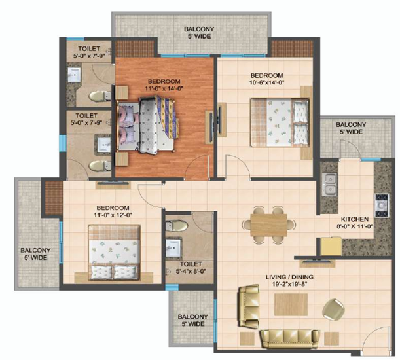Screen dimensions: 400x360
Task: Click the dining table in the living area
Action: click(x=269, y=225)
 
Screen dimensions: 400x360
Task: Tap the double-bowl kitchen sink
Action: click(x=329, y=184)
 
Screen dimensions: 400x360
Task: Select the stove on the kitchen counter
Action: click(x=382, y=205)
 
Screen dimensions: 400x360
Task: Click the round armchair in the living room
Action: click(x=333, y=309)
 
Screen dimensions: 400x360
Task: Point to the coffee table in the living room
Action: click(x=291, y=304)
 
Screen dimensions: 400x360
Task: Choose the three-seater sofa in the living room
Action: click(x=290, y=338)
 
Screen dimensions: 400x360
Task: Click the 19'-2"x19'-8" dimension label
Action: click(x=289, y=284)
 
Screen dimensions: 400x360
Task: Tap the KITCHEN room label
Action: click(x=355, y=219)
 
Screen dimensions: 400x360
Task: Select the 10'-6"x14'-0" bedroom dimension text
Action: click(x=267, y=82)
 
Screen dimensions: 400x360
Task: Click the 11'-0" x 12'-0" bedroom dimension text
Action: click(x=113, y=215)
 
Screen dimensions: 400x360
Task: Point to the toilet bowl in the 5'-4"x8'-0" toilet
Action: click(x=177, y=226)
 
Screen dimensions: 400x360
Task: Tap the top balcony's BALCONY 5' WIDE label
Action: click(x=199, y=33)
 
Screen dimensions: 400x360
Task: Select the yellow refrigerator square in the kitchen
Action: click(x=331, y=246)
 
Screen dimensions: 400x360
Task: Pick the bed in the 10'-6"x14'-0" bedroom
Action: click(x=280, y=122)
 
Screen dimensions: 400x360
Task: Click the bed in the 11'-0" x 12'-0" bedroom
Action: click(x=114, y=253)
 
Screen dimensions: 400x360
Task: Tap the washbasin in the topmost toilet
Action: click(x=74, y=75)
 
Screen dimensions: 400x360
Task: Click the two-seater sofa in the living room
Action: click(x=249, y=306)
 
